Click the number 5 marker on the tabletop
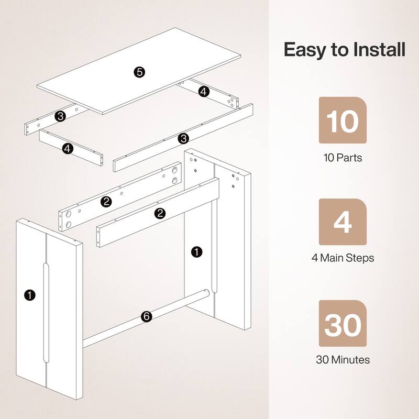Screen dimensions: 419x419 click(x=139, y=72)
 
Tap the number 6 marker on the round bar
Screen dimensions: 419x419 click(x=147, y=316)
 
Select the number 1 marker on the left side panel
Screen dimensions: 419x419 click(x=30, y=295)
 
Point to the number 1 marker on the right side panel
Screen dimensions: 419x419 click(x=196, y=252)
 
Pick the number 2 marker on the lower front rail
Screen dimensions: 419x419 click(x=160, y=213)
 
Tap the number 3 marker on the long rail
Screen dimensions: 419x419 click(x=183, y=138)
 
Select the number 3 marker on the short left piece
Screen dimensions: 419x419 click(x=61, y=116)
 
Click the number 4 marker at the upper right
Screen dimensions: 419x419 click(x=204, y=91)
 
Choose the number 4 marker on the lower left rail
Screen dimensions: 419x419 click(x=67, y=149)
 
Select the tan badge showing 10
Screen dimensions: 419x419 click(x=343, y=120)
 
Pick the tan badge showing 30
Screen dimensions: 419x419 click(x=343, y=325)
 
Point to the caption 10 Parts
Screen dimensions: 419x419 click(x=343, y=157)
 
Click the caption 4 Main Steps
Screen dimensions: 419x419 click(x=343, y=258)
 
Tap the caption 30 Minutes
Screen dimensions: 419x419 click(x=343, y=360)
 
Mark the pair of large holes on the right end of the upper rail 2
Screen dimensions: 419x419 click(x=173, y=176)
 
